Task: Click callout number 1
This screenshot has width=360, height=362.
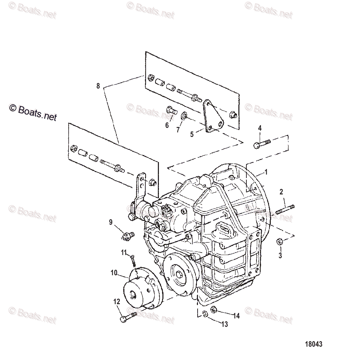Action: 266,172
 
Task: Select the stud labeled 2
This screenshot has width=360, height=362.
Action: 285,210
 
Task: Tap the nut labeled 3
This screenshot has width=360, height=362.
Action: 279,242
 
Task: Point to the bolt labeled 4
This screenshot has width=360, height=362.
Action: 261,143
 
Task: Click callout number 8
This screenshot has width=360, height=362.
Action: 98,86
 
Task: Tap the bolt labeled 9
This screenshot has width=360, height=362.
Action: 128,236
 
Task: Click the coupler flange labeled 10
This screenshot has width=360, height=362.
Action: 143,289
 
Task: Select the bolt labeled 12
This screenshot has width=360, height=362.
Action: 128,317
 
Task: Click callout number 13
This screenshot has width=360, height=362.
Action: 224,324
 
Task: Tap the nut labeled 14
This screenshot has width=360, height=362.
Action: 215,309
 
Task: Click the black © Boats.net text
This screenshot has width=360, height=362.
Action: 33,113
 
